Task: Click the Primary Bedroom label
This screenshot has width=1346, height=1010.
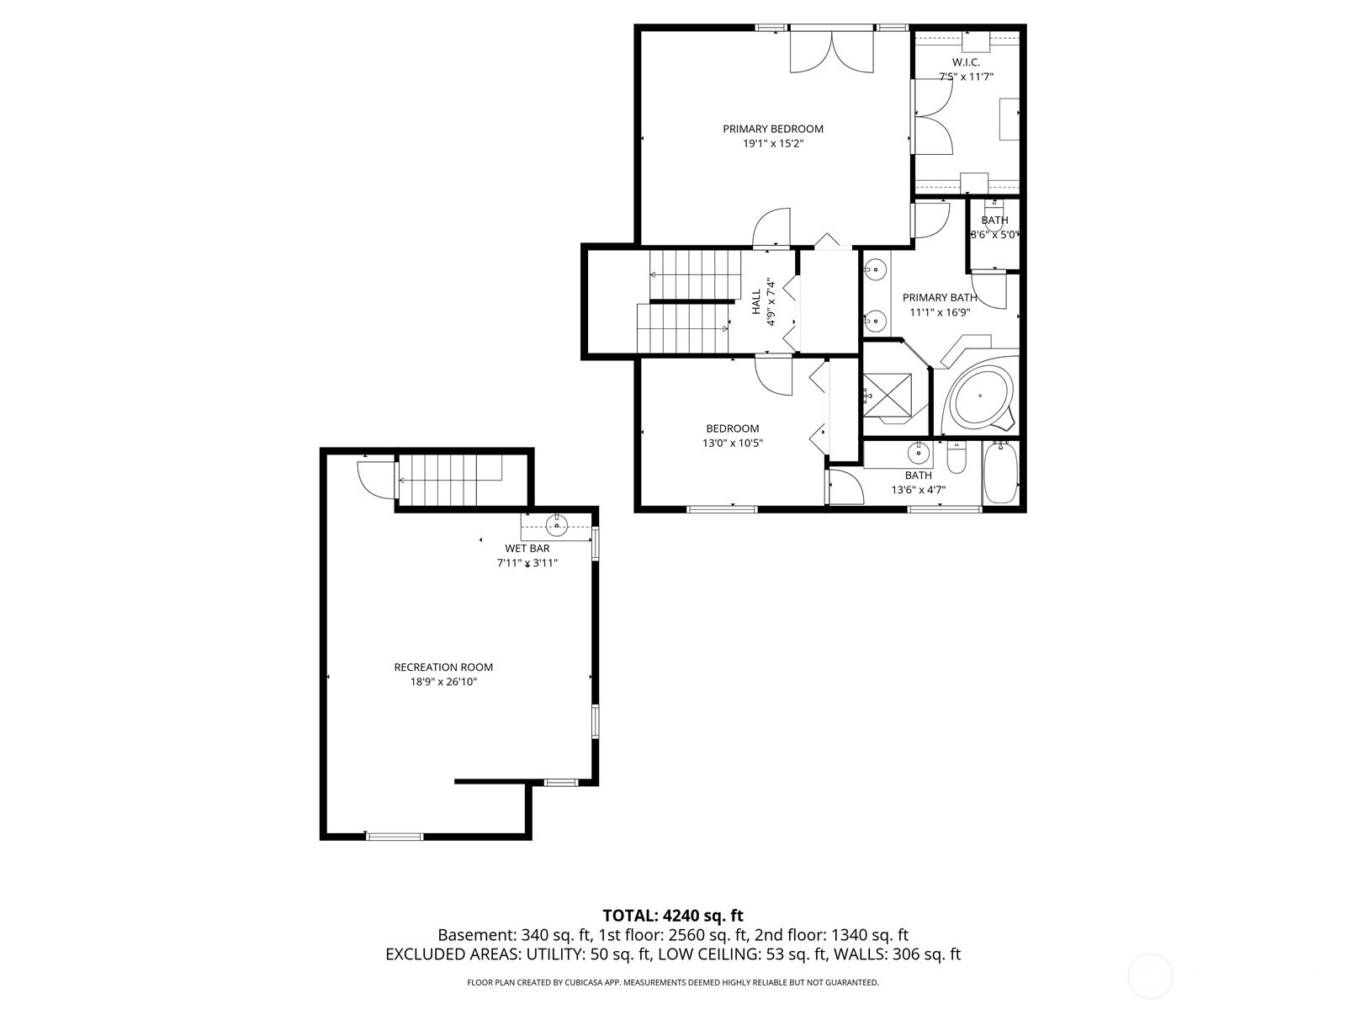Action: click(x=772, y=129)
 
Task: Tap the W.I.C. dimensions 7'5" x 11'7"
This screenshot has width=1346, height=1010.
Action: click(x=966, y=77)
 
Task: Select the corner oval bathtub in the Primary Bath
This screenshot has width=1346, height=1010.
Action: click(x=982, y=396)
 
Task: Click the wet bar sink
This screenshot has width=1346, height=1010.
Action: click(x=557, y=526)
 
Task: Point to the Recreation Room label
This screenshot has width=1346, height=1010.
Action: click(x=443, y=667)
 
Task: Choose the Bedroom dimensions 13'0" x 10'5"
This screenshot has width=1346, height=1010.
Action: click(x=732, y=444)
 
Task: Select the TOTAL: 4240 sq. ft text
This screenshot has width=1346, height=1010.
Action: click(x=672, y=916)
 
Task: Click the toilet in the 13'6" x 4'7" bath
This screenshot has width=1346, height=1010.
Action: click(x=957, y=458)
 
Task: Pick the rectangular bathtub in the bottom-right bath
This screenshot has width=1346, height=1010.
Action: click(x=1000, y=474)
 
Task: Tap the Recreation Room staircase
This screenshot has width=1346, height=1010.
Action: click(x=449, y=480)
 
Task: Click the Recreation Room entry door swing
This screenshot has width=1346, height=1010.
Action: click(x=375, y=480)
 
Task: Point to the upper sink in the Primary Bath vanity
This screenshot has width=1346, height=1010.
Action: click(x=876, y=270)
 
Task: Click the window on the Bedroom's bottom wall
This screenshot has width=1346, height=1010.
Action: click(x=722, y=508)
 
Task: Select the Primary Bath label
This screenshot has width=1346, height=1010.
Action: click(x=940, y=298)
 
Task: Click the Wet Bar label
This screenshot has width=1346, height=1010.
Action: click(x=527, y=549)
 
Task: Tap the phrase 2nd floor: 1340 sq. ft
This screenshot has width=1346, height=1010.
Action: click(x=831, y=935)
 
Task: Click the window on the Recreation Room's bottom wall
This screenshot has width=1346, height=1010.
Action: click(x=394, y=836)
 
